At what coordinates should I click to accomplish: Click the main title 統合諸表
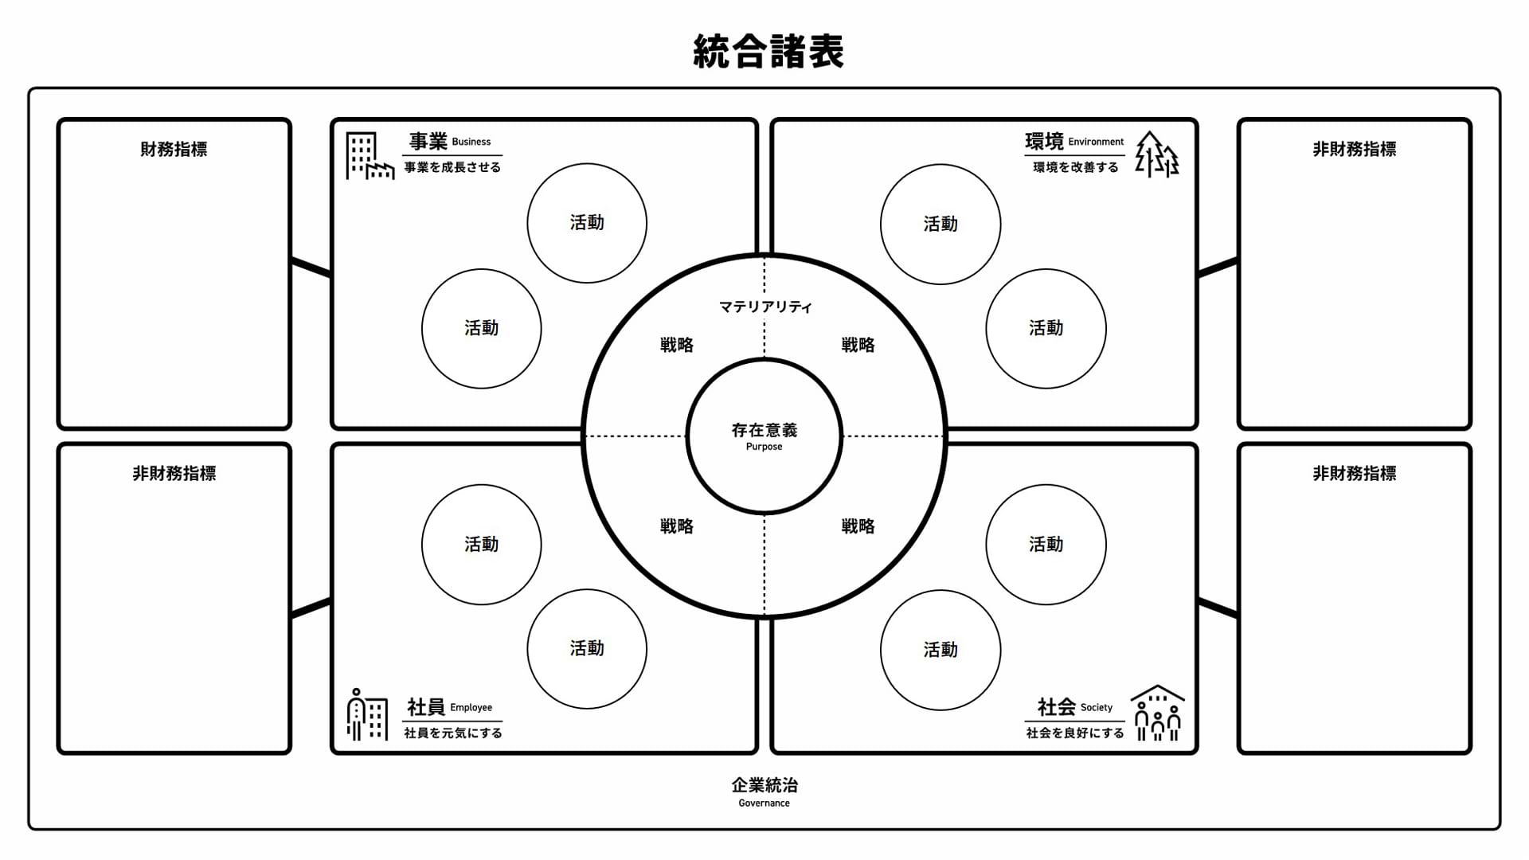[768, 52]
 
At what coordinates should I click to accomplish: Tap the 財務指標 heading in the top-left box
[174, 149]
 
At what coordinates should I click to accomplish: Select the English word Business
[471, 142]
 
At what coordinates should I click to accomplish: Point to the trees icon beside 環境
[1157, 154]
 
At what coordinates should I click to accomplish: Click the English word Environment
[1096, 142]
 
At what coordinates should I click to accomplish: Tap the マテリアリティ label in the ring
[765, 307]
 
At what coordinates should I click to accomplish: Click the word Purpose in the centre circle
[764, 447]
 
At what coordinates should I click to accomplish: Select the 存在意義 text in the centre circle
[764, 430]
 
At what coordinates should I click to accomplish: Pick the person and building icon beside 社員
[367, 714]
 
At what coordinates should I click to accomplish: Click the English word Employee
[471, 707]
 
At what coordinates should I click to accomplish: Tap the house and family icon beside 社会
[1158, 713]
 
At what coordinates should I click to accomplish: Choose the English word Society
[1097, 707]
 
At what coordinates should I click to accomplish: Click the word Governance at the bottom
[764, 803]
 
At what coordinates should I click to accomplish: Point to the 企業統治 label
[764, 785]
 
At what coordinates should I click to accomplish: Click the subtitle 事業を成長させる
[452, 167]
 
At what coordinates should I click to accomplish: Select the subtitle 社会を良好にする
[1075, 733]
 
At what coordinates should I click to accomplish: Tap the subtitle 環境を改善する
[1076, 167]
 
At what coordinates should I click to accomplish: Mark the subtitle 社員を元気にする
[453, 733]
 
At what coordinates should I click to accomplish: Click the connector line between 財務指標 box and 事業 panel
[311, 268]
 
